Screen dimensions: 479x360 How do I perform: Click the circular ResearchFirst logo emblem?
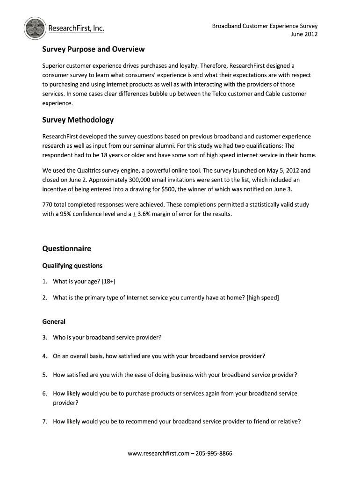click(x=35, y=29)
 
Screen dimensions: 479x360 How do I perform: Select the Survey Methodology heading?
click(x=78, y=120)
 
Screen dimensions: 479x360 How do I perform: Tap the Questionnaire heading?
click(x=66, y=248)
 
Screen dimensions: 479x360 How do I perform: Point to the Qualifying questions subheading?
click(x=72, y=266)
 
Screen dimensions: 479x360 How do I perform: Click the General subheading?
click(x=54, y=322)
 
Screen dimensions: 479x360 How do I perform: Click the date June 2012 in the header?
click(x=304, y=34)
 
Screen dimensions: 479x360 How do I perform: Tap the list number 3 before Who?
click(x=44, y=337)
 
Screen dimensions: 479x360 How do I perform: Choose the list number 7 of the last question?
click(x=44, y=421)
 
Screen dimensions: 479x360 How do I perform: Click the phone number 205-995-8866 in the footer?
click(x=214, y=454)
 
